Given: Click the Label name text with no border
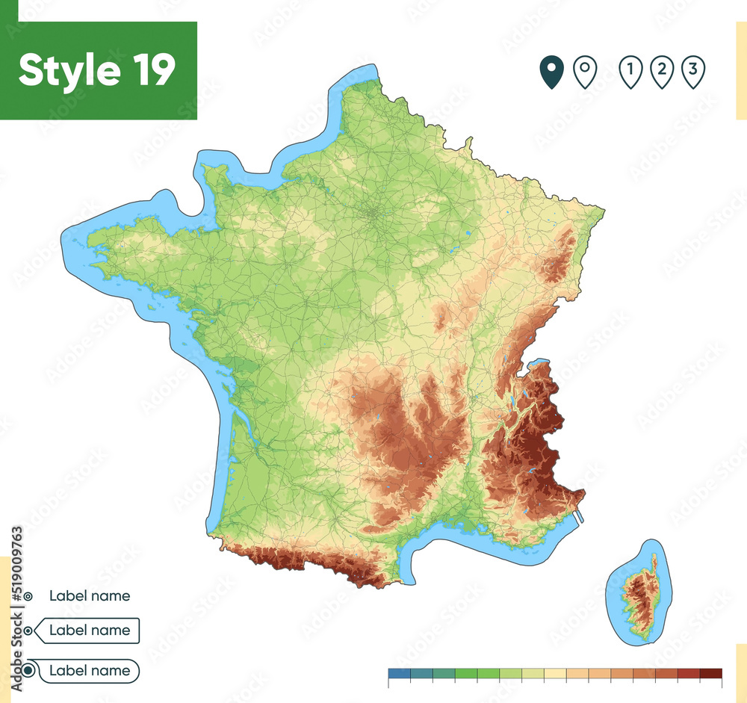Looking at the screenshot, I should [90, 596].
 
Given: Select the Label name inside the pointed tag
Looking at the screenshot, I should [90, 631].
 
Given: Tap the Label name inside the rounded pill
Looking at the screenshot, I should [90, 671].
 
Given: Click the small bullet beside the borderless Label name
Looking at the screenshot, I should [28, 596].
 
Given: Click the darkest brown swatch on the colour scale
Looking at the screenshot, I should [710, 673].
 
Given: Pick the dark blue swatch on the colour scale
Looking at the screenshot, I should [400, 673].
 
